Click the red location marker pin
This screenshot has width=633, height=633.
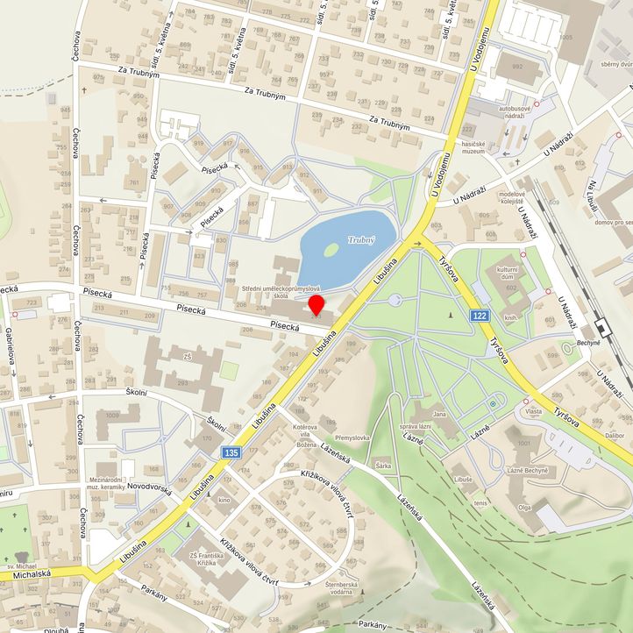coord(317,305)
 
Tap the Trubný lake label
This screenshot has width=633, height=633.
coord(361,239)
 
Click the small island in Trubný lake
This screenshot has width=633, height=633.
coord(331,250)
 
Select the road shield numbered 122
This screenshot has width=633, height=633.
coord(479,316)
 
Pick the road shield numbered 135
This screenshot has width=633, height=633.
coord(231,452)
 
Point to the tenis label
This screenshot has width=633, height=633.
coord(480,503)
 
